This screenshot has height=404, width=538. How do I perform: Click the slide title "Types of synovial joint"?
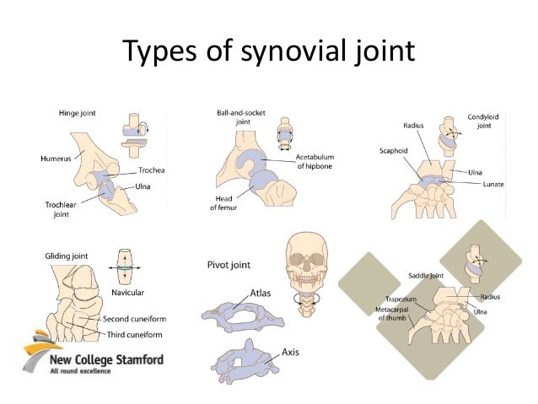(268, 52)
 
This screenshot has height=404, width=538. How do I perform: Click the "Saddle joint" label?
(426, 275)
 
